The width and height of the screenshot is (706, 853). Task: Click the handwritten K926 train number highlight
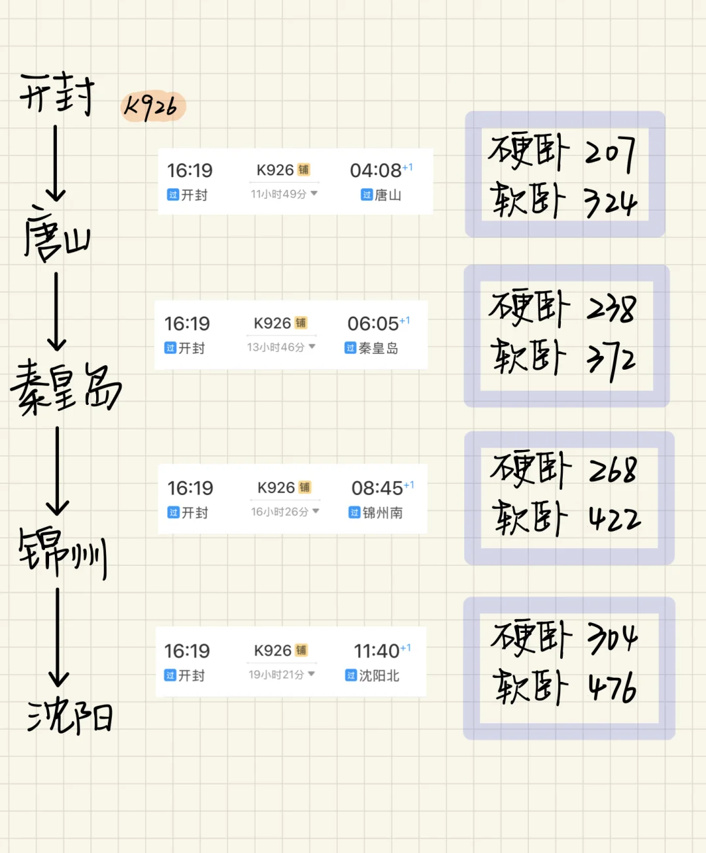(x=153, y=106)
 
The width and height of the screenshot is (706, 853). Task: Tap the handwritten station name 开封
(x=58, y=95)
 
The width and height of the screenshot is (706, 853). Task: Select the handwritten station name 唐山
(x=56, y=234)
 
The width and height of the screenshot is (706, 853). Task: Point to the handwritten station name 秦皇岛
(x=65, y=387)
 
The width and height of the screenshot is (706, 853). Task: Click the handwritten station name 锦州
(x=63, y=552)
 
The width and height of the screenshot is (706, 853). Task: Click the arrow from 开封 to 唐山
(x=56, y=163)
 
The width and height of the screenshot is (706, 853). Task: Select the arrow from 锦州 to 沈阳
(x=58, y=636)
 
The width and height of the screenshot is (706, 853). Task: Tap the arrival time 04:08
(x=377, y=170)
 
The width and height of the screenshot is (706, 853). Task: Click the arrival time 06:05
(x=373, y=324)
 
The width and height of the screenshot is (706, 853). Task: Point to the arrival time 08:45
(x=377, y=488)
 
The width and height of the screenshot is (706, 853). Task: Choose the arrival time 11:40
(x=377, y=651)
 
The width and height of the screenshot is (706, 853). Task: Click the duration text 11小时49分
(x=279, y=194)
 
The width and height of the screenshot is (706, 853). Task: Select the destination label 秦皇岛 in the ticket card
(x=378, y=348)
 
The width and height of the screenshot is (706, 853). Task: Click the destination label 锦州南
(x=382, y=513)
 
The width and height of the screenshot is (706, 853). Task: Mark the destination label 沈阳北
(x=379, y=676)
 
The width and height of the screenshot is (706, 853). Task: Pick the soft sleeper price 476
(x=612, y=688)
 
